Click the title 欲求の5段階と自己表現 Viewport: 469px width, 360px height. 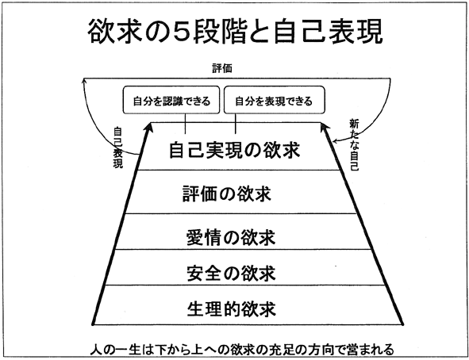pyautogui.click(x=235, y=32)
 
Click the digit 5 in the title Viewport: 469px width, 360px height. pyautogui.click(x=180, y=33)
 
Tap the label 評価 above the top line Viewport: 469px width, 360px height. pyautogui.click(x=222, y=68)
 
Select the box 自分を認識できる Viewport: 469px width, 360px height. pyautogui.click(x=171, y=100)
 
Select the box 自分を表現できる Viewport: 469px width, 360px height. pyautogui.click(x=275, y=100)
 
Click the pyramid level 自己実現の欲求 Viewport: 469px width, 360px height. pyautogui.click(x=235, y=150)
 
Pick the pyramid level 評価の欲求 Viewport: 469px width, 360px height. pyautogui.click(x=227, y=194)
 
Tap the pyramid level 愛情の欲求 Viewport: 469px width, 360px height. pyautogui.click(x=231, y=238)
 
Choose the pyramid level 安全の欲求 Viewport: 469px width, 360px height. pyautogui.click(x=231, y=273)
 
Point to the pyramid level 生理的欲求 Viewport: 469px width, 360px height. pyautogui.click(x=231, y=308)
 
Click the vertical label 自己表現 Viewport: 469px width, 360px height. pyautogui.click(x=118, y=147)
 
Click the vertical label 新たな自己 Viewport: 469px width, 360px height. pyautogui.click(x=354, y=144)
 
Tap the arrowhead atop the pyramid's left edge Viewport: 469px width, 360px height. pyautogui.click(x=149, y=127)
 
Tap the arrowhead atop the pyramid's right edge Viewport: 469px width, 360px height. pyautogui.click(x=324, y=127)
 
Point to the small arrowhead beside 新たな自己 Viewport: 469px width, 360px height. pyautogui.click(x=336, y=140)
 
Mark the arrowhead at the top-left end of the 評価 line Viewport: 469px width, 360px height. pyautogui.click(x=84, y=81)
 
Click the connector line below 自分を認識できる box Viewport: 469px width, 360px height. pyautogui.click(x=185, y=124)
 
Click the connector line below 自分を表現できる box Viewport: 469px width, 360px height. pyautogui.click(x=236, y=124)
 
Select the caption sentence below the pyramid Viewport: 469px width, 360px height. pyautogui.click(x=242, y=350)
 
